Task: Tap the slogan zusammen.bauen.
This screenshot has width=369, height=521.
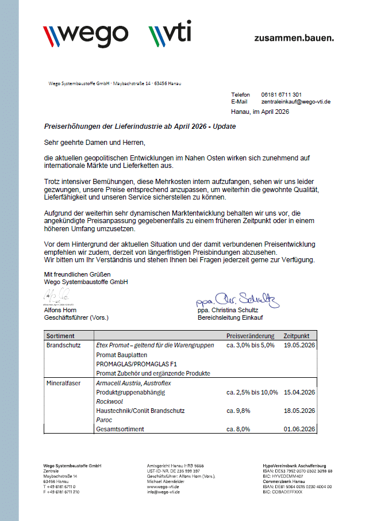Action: [294, 38]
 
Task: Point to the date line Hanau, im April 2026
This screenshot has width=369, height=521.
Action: [260, 112]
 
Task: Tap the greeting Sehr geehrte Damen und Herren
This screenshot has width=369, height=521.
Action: [95, 141]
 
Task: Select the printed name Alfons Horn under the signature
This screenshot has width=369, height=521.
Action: [60, 311]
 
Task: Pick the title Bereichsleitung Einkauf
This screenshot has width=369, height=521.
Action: [228, 317]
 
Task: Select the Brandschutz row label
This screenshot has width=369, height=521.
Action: [63, 345]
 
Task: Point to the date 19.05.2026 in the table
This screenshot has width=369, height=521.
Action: [299, 345]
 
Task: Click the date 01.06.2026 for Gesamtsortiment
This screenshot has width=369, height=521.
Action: [299, 429]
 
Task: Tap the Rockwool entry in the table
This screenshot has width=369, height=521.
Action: [109, 401]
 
